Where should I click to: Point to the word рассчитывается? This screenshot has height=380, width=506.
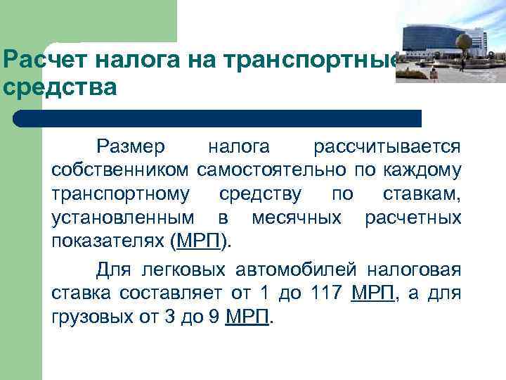pyautogui.click(x=387, y=146)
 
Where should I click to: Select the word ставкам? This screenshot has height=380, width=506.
pyautogui.click(x=422, y=193)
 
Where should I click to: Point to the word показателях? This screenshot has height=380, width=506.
pyautogui.click(x=108, y=240)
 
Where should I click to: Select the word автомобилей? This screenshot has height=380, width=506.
pyautogui.click(x=287, y=270)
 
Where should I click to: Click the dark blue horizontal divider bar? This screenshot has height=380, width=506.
pyautogui.click(x=218, y=118)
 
